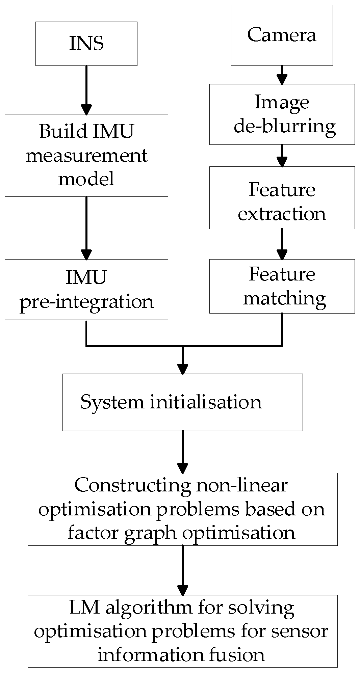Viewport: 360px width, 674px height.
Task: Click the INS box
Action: (x=86, y=44)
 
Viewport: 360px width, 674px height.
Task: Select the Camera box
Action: (x=282, y=35)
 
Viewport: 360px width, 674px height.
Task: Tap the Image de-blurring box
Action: (x=282, y=114)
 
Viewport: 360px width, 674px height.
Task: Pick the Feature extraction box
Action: (x=282, y=197)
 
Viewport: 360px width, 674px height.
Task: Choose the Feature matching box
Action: (x=282, y=286)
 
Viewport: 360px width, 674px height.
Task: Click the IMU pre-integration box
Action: (x=86, y=289)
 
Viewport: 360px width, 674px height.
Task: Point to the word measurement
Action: (x=86, y=156)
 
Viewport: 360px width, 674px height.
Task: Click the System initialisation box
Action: (x=182, y=402)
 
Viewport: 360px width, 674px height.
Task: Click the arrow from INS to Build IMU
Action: (x=86, y=90)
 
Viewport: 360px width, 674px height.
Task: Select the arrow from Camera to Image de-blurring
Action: (x=282, y=75)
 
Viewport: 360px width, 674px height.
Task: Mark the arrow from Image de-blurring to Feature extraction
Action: (x=282, y=156)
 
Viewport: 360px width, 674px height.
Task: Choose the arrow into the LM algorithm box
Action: (x=182, y=570)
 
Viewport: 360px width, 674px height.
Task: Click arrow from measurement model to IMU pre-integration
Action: (x=86, y=228)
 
